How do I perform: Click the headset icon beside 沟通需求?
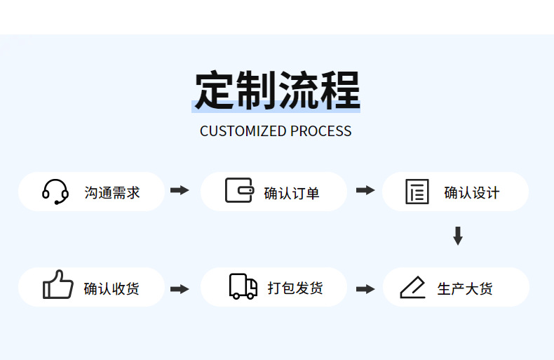pos(55,192)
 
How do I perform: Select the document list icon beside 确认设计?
pos(417,192)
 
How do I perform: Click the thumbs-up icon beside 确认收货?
pos(58,286)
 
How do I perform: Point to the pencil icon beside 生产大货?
pos(413,288)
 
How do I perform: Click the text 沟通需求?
pos(112,192)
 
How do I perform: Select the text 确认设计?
pos(472,192)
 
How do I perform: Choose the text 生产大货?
pos(465,288)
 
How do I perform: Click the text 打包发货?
pos(295,288)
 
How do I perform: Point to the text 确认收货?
pos(112,288)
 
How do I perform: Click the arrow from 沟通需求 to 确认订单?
pos(180,190)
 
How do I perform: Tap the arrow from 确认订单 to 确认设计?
pos(365,190)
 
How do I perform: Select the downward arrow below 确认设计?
pos(458,236)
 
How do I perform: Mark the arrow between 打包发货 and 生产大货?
pos(365,288)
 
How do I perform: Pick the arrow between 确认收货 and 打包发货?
pos(180,288)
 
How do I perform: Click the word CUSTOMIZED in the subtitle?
pos(243,131)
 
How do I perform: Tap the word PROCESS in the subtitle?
pos(321,131)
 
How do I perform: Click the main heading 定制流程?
pos(277,91)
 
